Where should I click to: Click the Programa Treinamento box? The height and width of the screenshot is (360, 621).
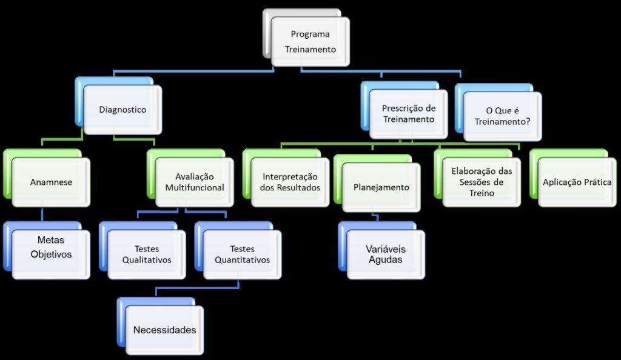coord(310,42)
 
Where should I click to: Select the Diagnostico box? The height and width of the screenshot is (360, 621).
coord(123,110)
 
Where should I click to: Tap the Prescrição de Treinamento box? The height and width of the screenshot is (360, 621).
coord(409,113)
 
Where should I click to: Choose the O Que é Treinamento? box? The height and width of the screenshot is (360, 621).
coord(502,116)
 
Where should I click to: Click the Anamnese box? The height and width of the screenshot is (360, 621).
coord(51,182)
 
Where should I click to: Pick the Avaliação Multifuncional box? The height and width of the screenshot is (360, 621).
coord(195,182)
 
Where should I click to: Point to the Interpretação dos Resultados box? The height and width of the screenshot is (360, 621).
coord(290,182)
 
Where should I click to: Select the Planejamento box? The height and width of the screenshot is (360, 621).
coord(381,187)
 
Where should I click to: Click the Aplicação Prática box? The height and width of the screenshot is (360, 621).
coord(577,182)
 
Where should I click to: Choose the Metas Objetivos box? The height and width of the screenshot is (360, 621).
coord(51,248)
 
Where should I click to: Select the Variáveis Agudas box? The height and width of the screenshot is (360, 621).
coord(386,255)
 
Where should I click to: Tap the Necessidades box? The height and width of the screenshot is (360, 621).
coord(165,330)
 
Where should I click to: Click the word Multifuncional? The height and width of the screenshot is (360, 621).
coord(195,188)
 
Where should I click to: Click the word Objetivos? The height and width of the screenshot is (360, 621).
coord(51,255)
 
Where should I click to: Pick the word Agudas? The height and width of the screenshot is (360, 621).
coord(386,260)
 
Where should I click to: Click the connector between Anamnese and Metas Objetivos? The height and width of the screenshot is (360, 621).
coord(42,214)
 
